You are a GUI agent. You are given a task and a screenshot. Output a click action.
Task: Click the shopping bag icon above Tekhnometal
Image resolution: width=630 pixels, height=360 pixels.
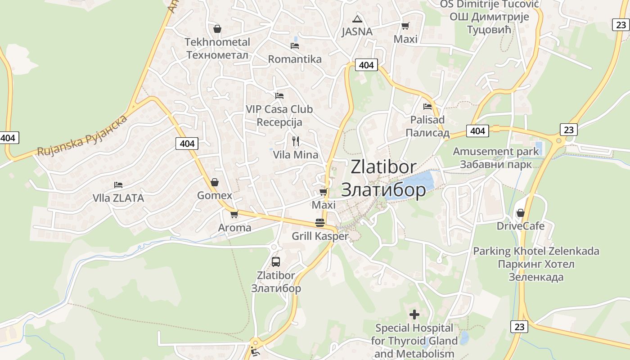click(x=217, y=29)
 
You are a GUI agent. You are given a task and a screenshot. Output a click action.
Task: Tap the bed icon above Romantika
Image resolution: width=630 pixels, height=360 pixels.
click(x=295, y=45)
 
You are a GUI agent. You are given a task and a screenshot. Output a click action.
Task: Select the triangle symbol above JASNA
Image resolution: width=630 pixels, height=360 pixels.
click(x=357, y=19)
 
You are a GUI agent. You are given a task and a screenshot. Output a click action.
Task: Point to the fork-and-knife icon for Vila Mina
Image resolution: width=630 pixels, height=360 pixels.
click(x=296, y=141)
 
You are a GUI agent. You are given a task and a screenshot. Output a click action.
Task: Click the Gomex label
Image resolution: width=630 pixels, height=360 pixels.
click(x=215, y=195)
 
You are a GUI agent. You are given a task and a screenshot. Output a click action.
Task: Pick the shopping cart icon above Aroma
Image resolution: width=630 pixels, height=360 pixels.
click(x=234, y=215)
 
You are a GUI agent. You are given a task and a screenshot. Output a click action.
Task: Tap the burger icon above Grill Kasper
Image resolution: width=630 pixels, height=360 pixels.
click(x=320, y=223)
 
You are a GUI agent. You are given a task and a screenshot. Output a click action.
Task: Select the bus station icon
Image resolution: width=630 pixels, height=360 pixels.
click(x=276, y=261)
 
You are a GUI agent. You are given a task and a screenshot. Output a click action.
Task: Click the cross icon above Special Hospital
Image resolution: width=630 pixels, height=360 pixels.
click(x=414, y=314)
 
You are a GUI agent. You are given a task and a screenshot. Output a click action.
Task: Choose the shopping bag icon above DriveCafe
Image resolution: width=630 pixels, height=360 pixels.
click(x=521, y=213)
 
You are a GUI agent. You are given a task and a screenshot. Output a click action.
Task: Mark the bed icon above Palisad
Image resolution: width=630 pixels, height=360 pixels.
click(x=427, y=107)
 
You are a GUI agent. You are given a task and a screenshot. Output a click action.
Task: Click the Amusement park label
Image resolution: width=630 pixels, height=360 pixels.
click(x=495, y=152)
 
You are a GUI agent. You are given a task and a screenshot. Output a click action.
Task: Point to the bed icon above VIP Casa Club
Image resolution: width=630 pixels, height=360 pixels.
click(x=279, y=95)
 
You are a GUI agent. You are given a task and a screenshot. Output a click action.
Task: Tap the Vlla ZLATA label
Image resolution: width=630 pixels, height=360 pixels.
click(x=118, y=198)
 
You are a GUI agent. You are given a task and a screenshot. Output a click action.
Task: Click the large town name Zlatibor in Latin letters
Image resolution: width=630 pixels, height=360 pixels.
click(x=383, y=166)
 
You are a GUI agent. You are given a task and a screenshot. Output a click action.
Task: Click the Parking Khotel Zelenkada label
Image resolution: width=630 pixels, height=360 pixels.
click(x=536, y=251)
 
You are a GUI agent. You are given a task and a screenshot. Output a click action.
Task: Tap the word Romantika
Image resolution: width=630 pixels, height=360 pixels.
click(x=295, y=59)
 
